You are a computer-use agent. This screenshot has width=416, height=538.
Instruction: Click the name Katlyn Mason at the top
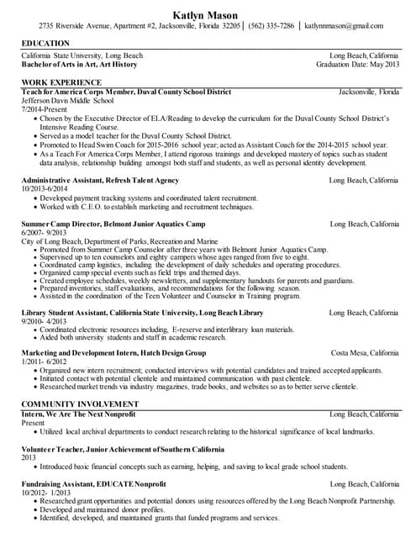(x=208, y=13)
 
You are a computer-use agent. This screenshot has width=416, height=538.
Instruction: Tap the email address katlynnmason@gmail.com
(x=348, y=26)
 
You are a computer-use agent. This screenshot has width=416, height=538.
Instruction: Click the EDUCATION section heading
(x=46, y=42)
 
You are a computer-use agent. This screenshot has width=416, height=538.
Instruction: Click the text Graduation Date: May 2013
(x=357, y=64)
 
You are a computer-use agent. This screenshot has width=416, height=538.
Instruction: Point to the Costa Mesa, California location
(x=365, y=353)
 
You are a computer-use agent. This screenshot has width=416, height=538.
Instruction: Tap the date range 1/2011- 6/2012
(x=45, y=362)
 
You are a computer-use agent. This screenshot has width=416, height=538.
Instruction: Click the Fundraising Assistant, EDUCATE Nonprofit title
(x=96, y=484)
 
